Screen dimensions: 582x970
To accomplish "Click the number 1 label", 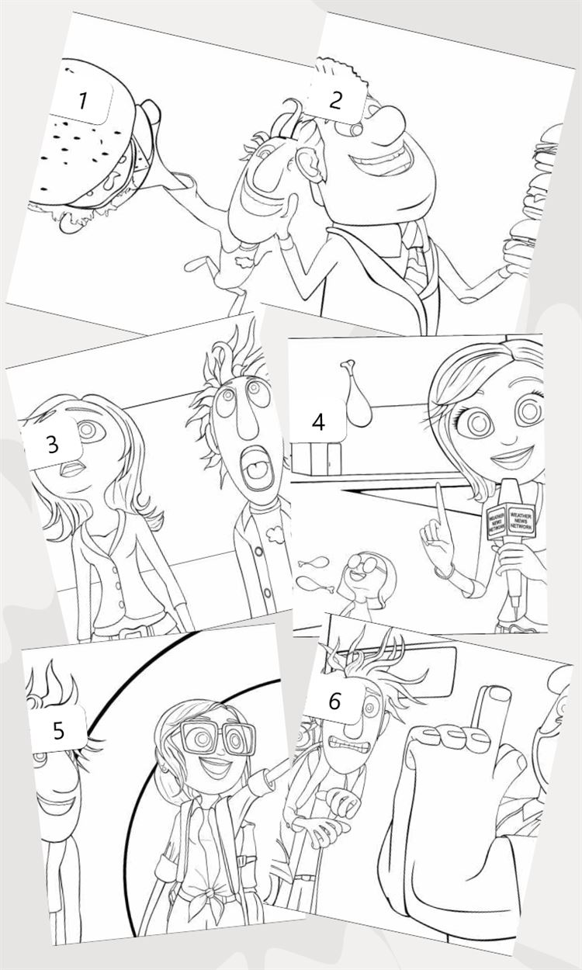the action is pos(81,100).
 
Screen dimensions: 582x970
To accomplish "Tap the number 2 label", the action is pos(334,100).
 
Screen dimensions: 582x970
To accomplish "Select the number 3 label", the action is pos(52,444).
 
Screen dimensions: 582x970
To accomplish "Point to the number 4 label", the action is pos(318,422).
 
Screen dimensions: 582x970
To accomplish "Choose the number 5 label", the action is pos(58,729).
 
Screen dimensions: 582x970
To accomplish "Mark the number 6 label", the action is pos(334,701).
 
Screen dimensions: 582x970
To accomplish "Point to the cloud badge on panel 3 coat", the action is pos(275,535).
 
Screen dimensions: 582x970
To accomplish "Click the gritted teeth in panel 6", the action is pos(350,745).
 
